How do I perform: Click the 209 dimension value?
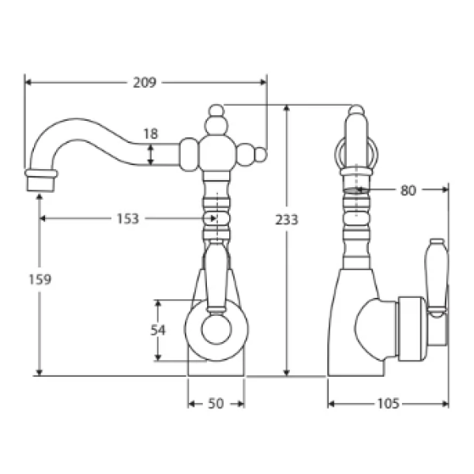click(145, 82)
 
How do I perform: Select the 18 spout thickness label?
click(151, 134)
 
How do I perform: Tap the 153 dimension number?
click(128, 219)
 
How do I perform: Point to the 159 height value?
click(40, 280)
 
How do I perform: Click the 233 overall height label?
click(287, 220)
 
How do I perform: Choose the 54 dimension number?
click(158, 329)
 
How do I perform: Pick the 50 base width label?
click(216, 404)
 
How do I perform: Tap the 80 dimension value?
click(408, 190)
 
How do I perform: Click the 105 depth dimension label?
click(389, 404)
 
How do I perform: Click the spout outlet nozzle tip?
click(41, 181)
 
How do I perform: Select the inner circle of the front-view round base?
click(216, 329)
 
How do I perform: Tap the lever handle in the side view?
click(436, 277)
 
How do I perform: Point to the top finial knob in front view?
click(216, 111)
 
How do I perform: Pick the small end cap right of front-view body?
click(261, 155)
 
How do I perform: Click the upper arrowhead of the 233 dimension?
click(287, 108)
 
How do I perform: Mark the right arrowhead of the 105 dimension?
click(445, 404)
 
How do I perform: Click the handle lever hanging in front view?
click(216, 280)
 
